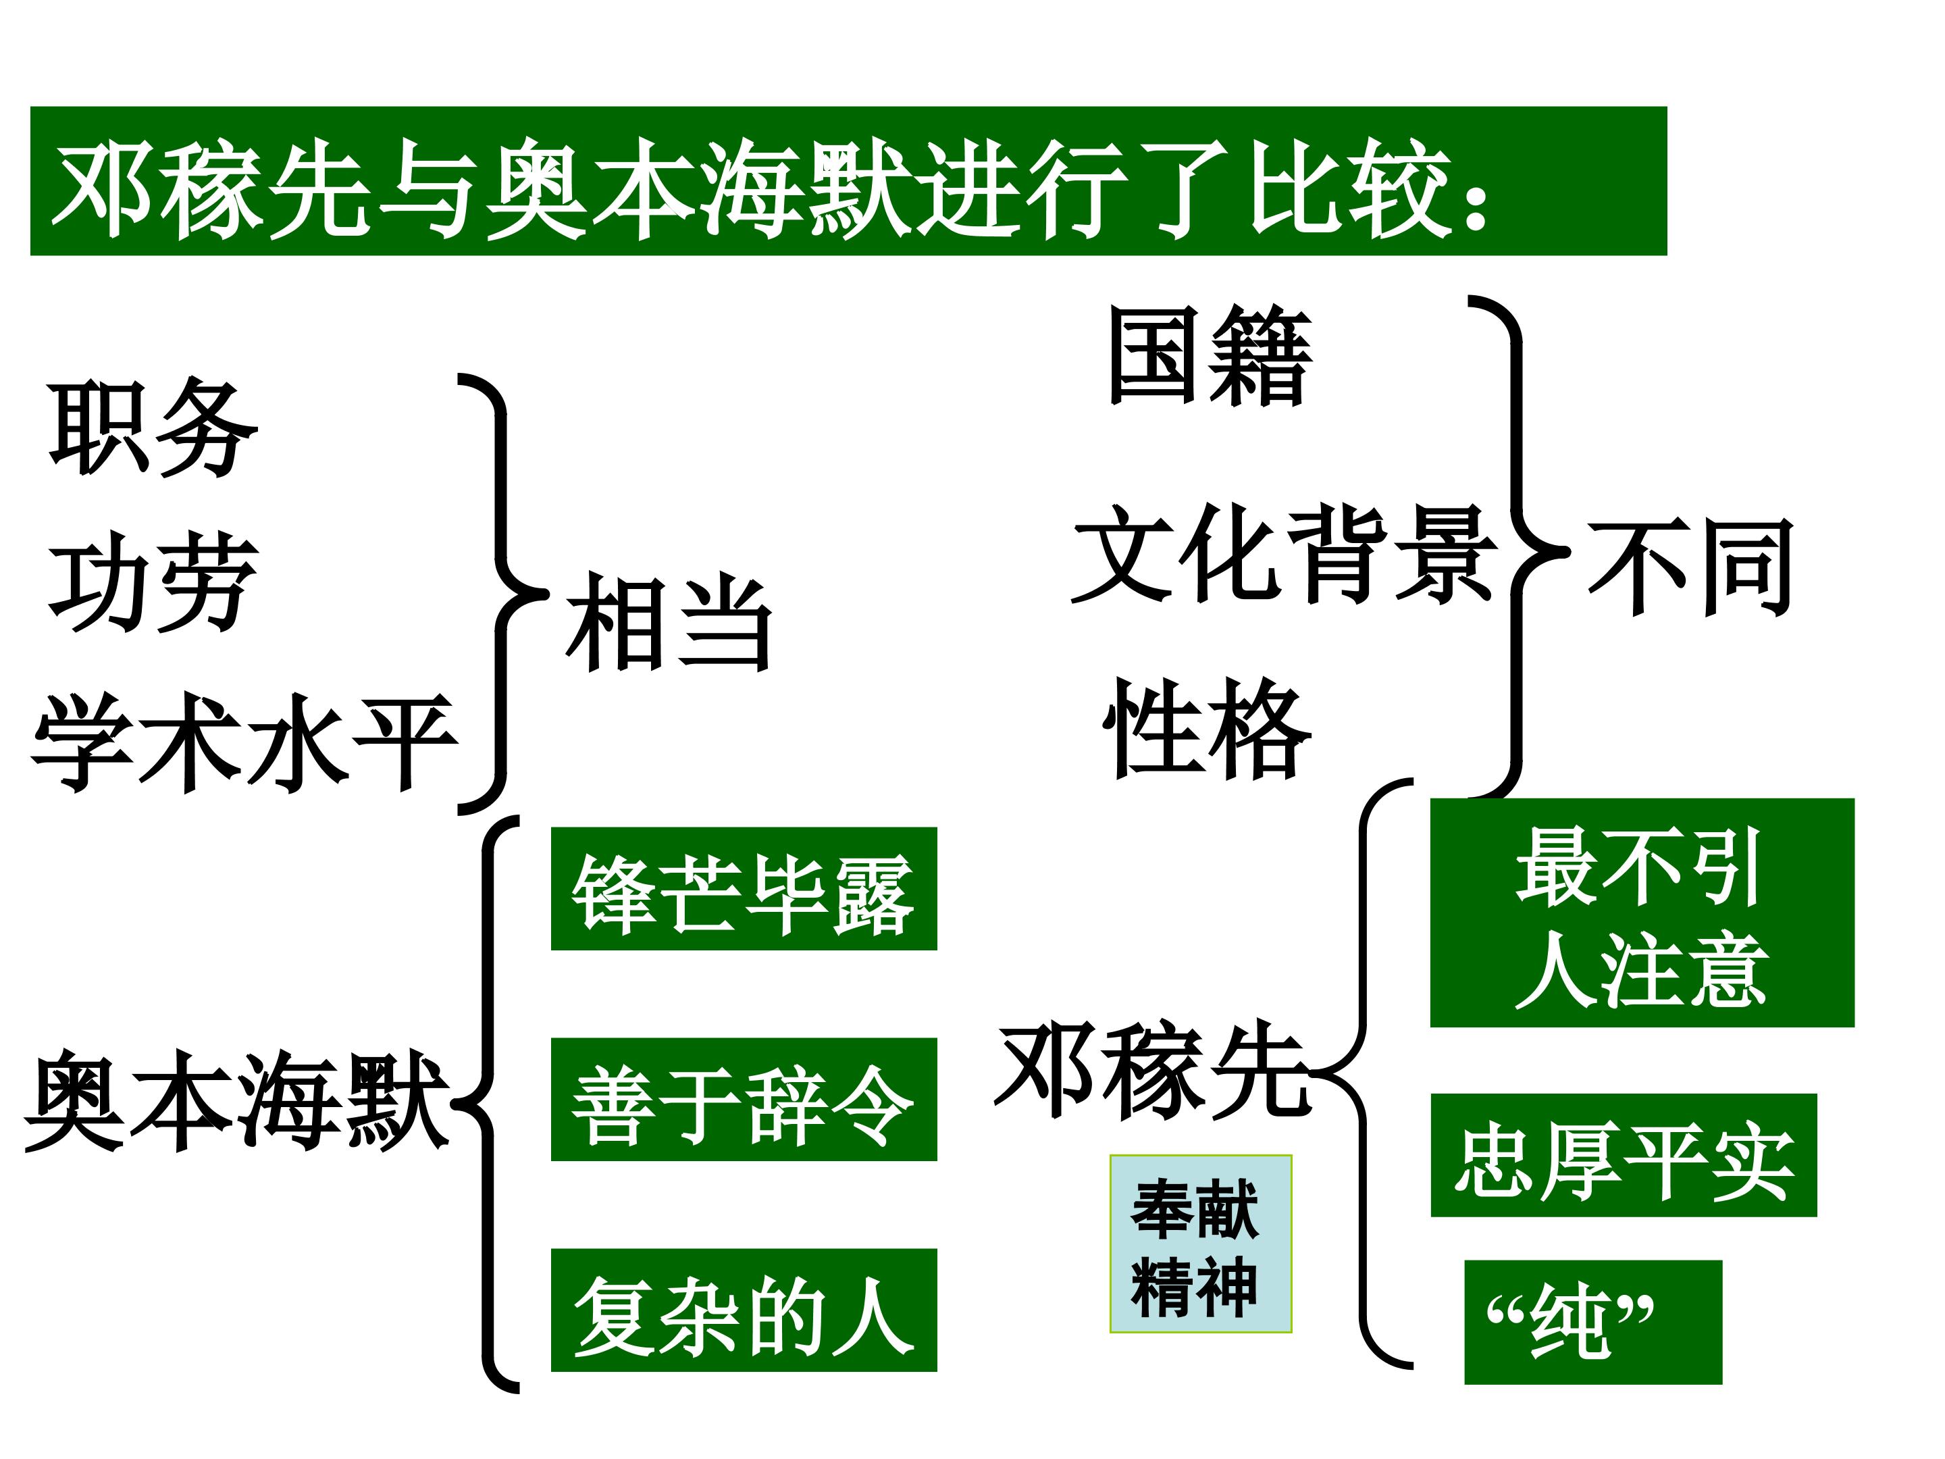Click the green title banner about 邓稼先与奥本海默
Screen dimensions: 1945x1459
click(848, 181)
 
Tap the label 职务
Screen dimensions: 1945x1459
click(153, 428)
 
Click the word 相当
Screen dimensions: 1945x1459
click(669, 622)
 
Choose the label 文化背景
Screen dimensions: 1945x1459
click(1285, 553)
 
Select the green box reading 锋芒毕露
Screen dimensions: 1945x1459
click(744, 888)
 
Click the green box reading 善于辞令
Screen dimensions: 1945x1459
click(744, 1099)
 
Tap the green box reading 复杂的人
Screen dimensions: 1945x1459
click(744, 1310)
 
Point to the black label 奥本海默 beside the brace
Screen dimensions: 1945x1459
click(238, 1099)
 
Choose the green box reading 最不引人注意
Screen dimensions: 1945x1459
click(1642, 913)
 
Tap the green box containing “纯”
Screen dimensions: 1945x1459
click(1593, 1323)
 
